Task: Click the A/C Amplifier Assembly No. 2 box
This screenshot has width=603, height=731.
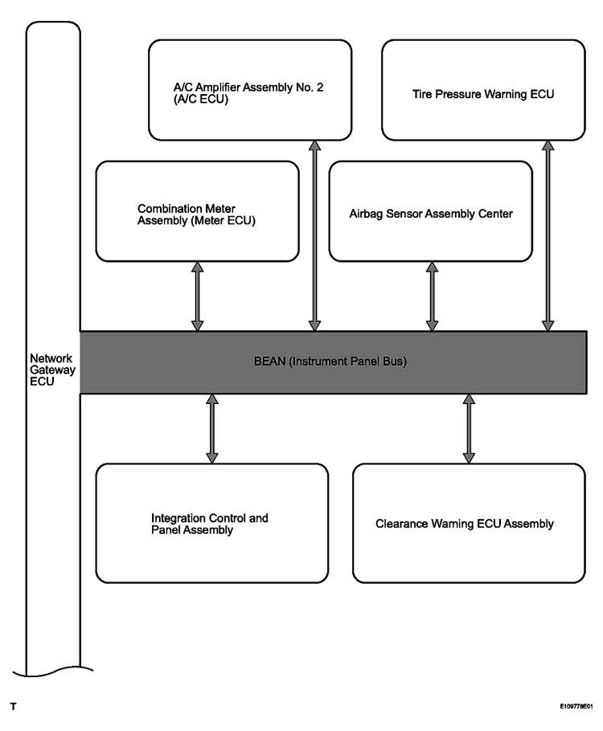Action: point(250,90)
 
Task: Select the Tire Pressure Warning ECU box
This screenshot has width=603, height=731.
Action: point(483,90)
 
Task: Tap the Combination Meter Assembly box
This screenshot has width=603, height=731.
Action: point(197,211)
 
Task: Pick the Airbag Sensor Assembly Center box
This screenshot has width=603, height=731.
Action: point(430,211)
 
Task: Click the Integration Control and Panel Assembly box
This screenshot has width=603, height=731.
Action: point(212,523)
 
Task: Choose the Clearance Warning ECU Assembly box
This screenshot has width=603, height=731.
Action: point(469,523)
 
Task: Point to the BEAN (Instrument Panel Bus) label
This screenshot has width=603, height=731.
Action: point(330,361)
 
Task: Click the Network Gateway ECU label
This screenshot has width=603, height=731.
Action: point(52,370)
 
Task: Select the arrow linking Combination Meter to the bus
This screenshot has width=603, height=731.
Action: point(198,296)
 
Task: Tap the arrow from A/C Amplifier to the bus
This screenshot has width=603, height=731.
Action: point(315,236)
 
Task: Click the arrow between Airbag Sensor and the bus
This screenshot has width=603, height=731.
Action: point(433,296)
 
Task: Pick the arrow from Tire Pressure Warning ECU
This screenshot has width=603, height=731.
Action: point(548,236)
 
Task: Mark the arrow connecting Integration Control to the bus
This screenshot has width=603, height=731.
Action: point(212,428)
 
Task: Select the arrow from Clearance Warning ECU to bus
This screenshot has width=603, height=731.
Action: point(469,428)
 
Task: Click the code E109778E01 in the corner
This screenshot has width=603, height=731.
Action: point(576,707)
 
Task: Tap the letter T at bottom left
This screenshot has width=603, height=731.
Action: point(13,707)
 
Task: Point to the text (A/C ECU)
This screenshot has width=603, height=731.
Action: point(201,100)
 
